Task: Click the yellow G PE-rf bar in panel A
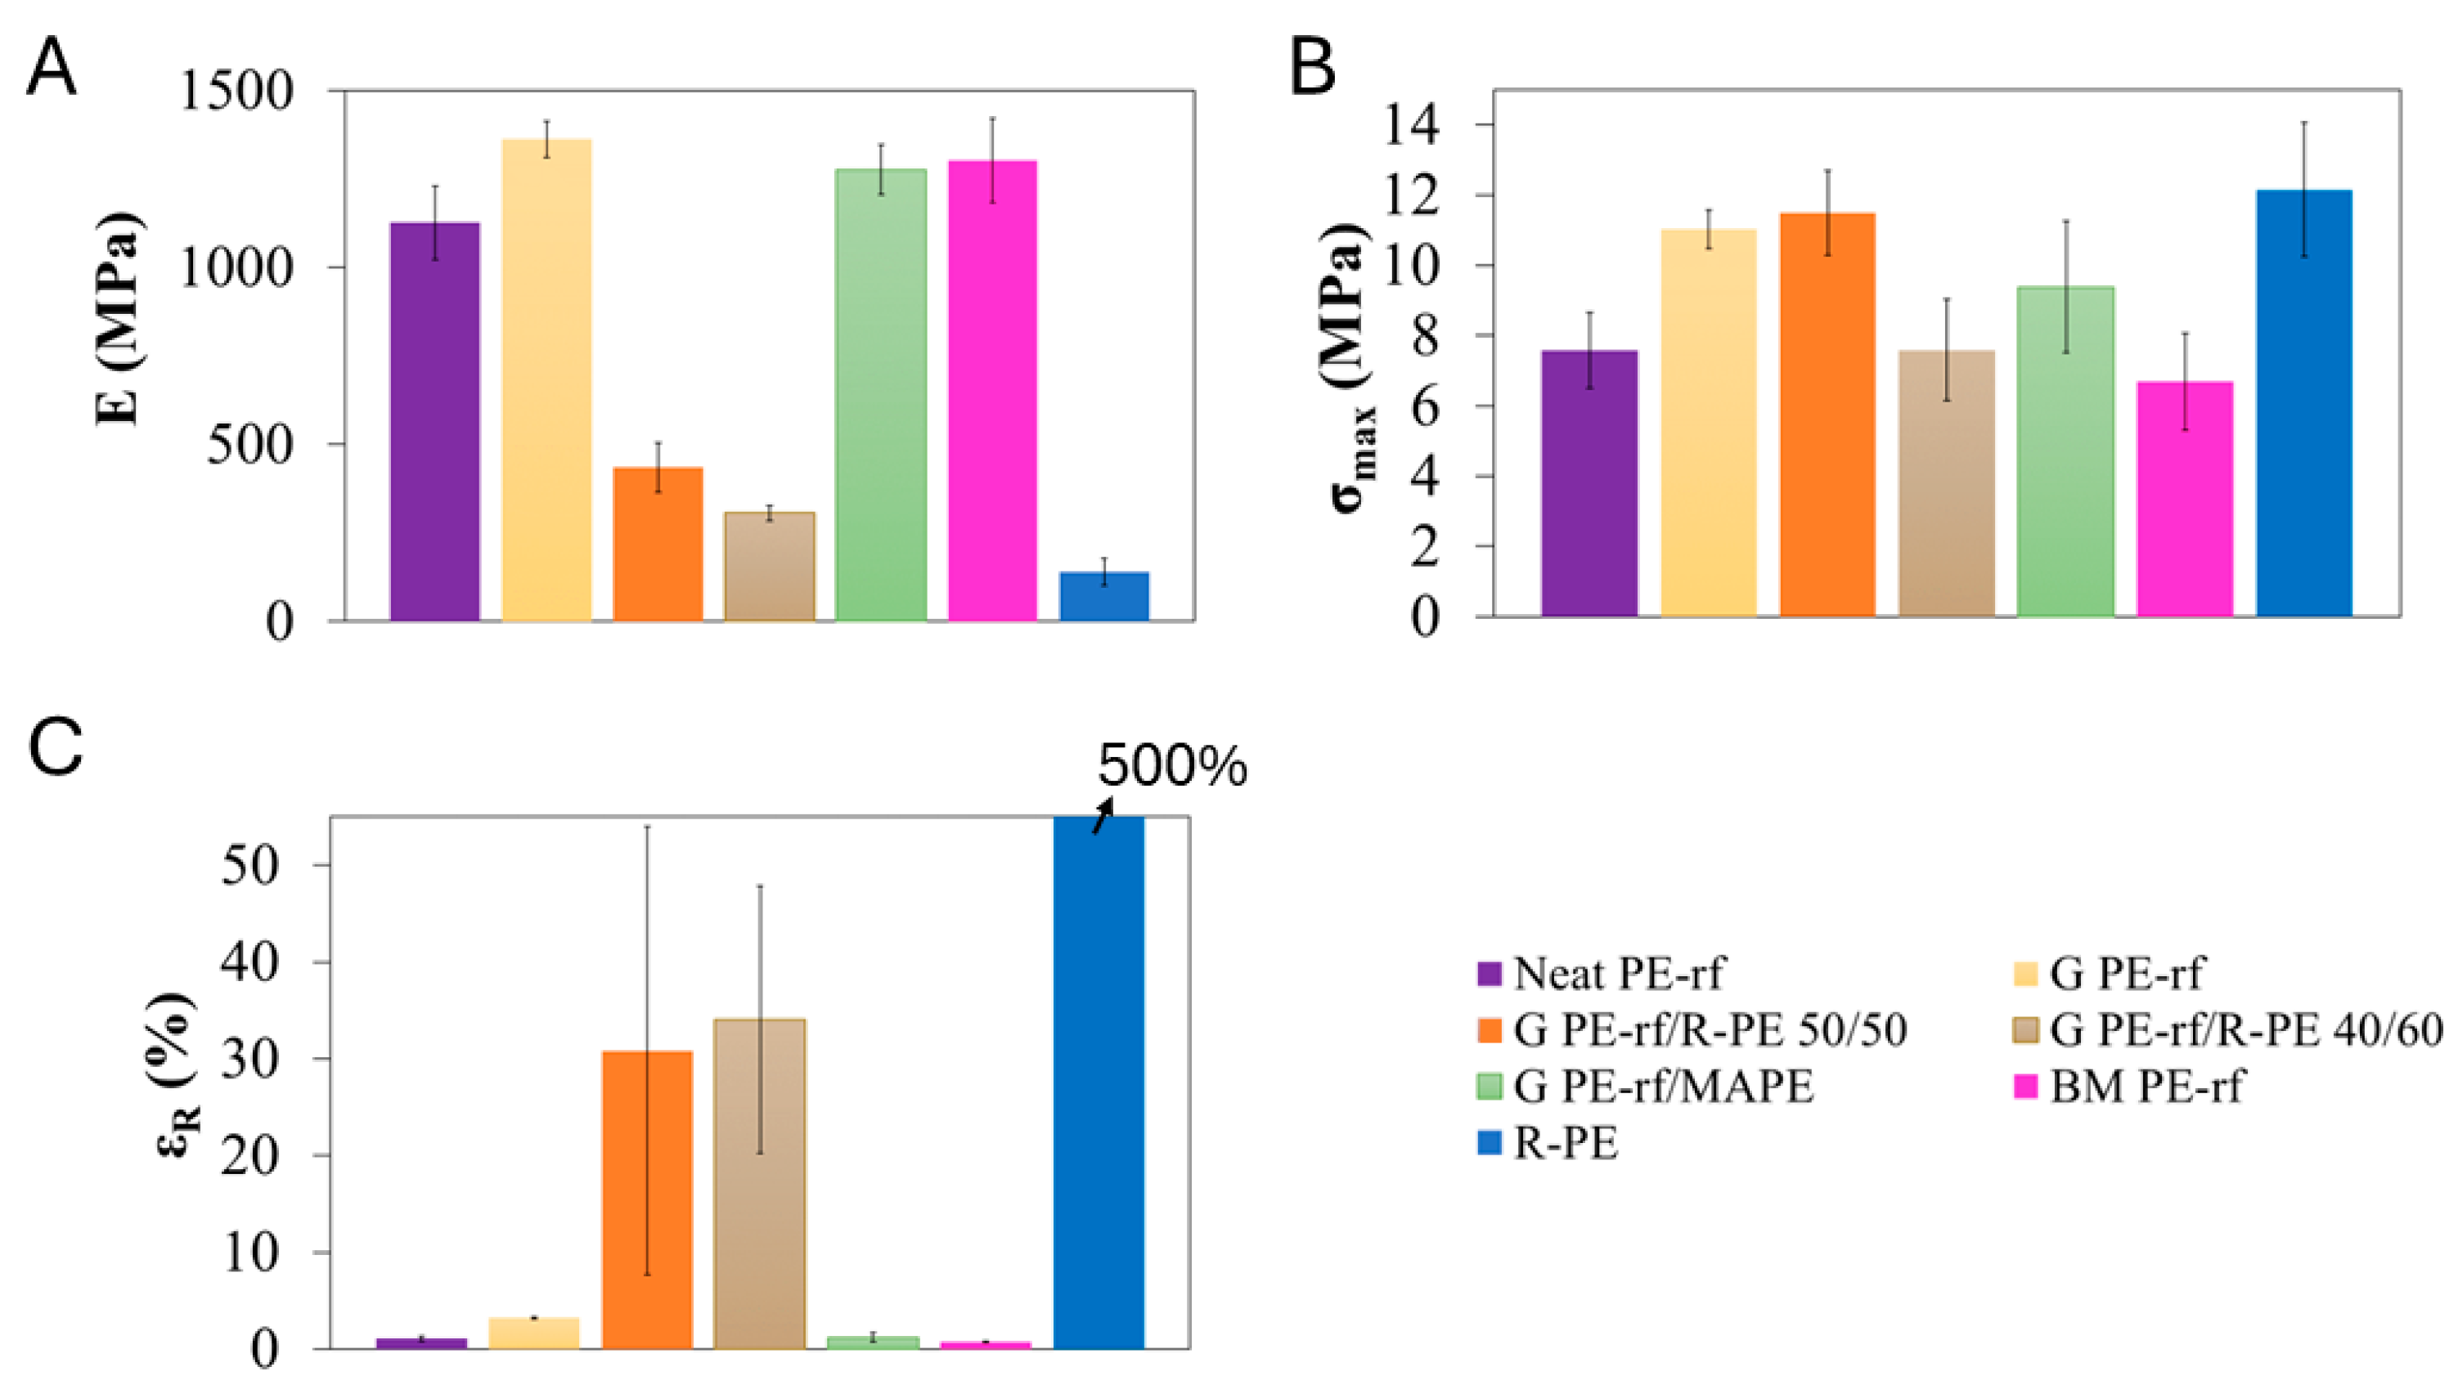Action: click(x=546, y=379)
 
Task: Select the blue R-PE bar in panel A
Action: click(x=1104, y=596)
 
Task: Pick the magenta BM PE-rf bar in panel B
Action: click(x=2185, y=499)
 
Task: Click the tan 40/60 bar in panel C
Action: click(x=760, y=1184)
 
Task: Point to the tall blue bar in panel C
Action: click(x=1099, y=1082)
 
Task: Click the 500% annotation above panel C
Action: click(x=1172, y=766)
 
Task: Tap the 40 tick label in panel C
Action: click(x=251, y=961)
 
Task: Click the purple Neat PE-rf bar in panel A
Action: click(x=435, y=422)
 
